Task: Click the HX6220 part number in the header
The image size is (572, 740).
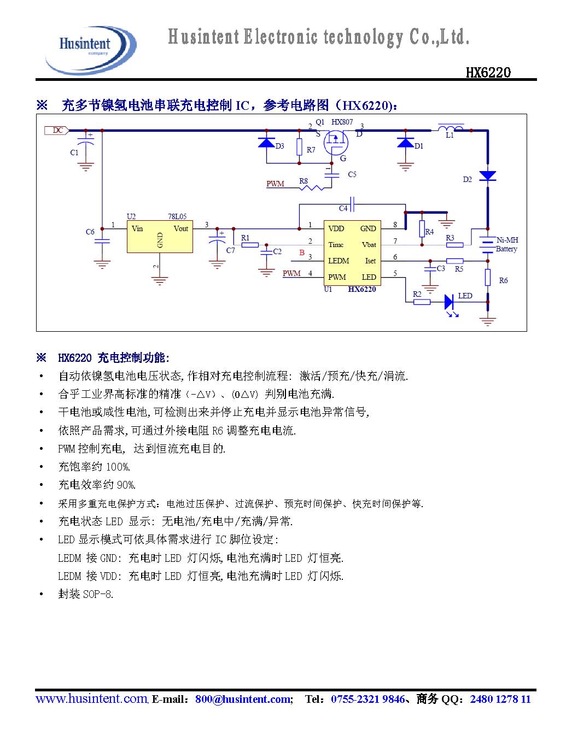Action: (x=488, y=73)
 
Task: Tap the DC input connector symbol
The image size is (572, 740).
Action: (x=56, y=130)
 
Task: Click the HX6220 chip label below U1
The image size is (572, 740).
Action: (x=362, y=289)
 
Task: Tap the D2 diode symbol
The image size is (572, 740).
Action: (x=487, y=176)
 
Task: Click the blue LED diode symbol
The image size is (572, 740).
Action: (x=450, y=301)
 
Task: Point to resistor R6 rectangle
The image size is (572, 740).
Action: (x=488, y=278)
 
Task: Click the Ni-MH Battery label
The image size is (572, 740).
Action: (x=507, y=244)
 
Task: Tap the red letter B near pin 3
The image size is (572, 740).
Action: (x=301, y=252)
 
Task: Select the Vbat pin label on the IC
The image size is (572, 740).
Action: (x=369, y=244)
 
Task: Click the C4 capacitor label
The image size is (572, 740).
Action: (x=343, y=208)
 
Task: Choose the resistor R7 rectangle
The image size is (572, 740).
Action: (x=299, y=147)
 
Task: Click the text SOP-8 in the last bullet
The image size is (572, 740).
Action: (x=98, y=594)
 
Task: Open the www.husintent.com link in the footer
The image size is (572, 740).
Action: (x=91, y=698)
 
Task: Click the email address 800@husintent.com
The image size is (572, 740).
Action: (x=243, y=699)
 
